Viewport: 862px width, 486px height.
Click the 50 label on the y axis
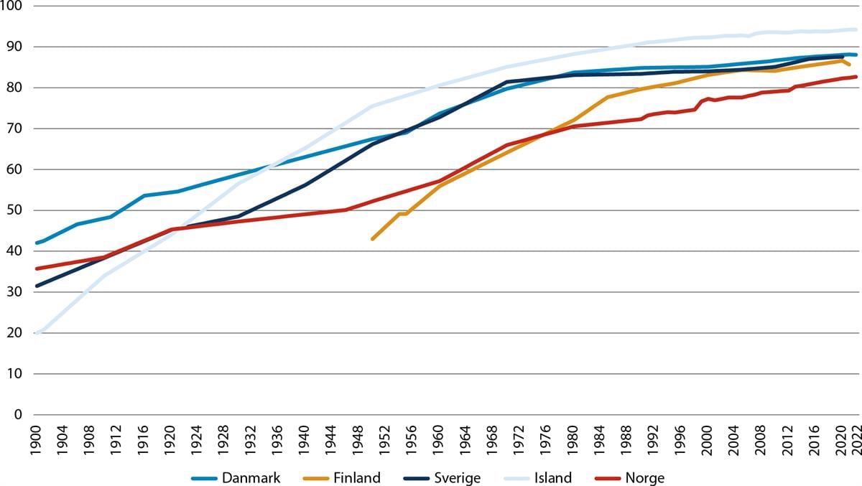(16, 210)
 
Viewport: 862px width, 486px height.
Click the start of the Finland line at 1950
(372, 239)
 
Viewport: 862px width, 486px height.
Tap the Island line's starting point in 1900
(37, 334)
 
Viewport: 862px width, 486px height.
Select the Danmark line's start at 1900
(37, 243)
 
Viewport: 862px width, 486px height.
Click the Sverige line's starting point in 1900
(37, 286)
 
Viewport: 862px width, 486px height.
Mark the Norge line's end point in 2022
(856, 77)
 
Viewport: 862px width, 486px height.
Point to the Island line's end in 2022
(856, 29)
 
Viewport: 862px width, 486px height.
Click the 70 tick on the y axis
(16, 129)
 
